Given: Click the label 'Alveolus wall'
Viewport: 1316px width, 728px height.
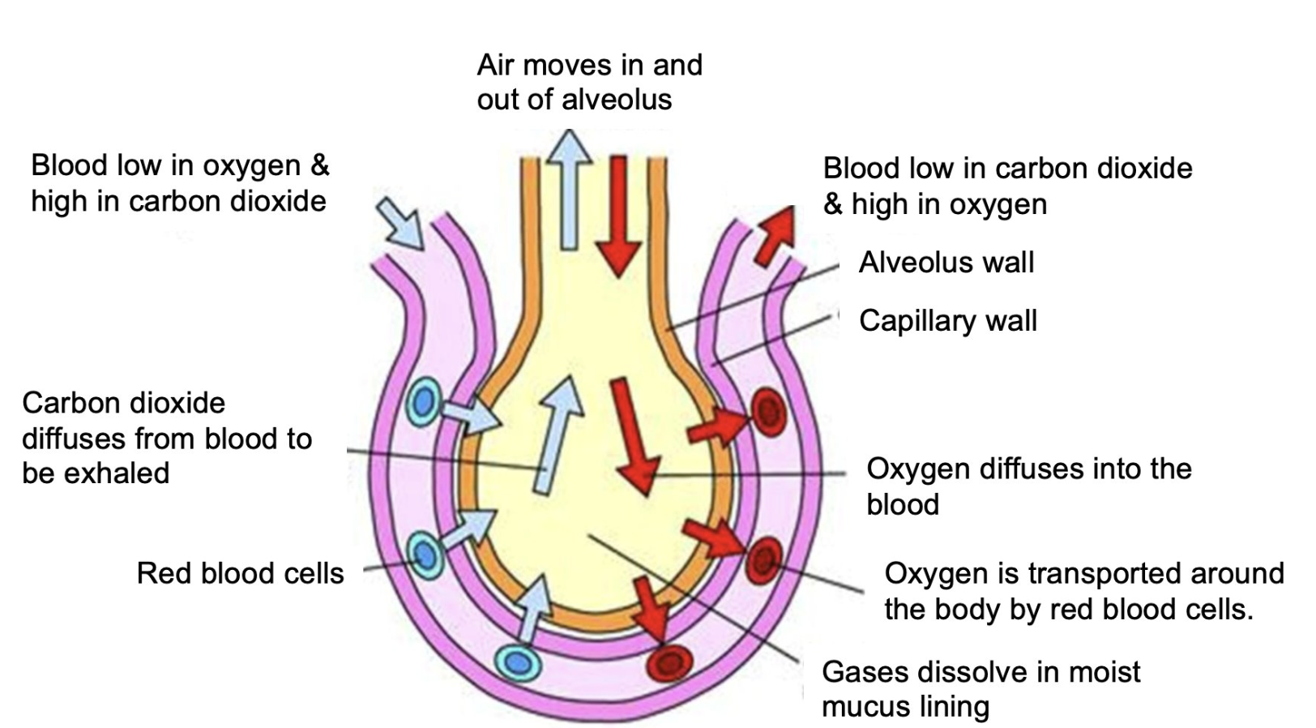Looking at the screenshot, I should (946, 263).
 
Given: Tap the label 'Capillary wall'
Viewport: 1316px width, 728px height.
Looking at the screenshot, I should (947, 321).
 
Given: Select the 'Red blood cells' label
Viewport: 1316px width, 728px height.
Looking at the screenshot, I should (240, 573).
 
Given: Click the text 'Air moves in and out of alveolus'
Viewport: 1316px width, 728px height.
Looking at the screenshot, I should (589, 82).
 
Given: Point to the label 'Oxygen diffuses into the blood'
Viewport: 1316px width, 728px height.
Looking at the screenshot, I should (1028, 486).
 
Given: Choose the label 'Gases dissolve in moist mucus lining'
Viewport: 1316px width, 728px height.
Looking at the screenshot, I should (981, 688).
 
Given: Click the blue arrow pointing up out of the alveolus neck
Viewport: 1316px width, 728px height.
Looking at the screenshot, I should (570, 191).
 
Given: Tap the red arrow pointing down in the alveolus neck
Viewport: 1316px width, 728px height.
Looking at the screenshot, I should (619, 215).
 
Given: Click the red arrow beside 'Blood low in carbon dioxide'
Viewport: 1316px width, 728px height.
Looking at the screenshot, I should (774, 235).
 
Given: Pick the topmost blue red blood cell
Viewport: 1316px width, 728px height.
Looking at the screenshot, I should (424, 401).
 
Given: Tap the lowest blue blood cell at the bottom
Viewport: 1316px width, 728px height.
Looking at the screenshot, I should (518, 662).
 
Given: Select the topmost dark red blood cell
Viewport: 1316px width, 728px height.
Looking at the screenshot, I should (767, 412).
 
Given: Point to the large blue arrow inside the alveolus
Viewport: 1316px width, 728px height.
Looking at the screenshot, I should (558, 434).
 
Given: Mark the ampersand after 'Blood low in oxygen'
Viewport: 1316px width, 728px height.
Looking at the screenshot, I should (320, 165).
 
